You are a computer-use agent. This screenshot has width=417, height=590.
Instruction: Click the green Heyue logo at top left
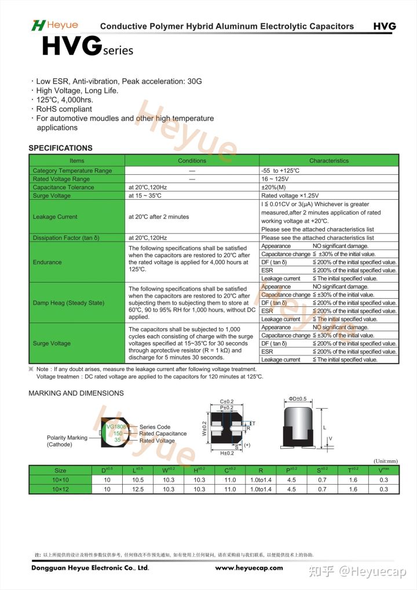pos(54,25)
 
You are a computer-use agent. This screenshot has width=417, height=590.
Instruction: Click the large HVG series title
pos(87,47)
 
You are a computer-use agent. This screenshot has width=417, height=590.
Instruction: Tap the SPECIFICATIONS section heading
pos(60,148)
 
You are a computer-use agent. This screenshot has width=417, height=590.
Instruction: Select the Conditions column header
pos(192,160)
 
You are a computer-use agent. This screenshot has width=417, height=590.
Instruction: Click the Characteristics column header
pos(329,160)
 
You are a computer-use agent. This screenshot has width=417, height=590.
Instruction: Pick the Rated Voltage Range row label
pos(61,179)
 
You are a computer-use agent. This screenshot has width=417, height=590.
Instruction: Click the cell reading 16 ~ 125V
pos(275,179)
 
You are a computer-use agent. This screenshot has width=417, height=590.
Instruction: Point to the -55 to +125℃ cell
pos(280,171)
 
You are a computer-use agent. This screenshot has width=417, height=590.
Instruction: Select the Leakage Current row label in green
pos(55,217)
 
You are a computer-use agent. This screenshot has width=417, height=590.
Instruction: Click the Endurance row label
pos(47,262)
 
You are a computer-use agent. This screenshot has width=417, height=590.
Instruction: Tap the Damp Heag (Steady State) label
pos(68,303)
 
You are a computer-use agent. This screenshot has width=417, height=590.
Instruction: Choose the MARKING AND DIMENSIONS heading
pos(76,393)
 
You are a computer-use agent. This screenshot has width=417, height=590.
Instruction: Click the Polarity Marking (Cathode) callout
pos(67,441)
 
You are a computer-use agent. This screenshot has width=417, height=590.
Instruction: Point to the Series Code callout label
pos(155,427)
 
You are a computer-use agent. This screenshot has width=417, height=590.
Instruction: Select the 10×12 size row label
pos(60,489)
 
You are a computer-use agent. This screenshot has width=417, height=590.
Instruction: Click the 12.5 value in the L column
pos(138,489)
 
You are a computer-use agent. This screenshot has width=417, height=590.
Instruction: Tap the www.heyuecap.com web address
pos(249,568)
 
